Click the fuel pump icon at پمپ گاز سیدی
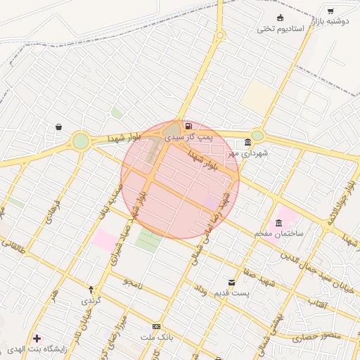tap(187, 126)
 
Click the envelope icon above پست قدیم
tap(231, 283)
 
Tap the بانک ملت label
tap(156, 337)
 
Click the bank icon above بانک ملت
tap(156, 327)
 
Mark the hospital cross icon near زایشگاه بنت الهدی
tap(37, 339)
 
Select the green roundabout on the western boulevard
tap(81, 141)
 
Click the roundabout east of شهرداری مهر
tap(257, 136)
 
